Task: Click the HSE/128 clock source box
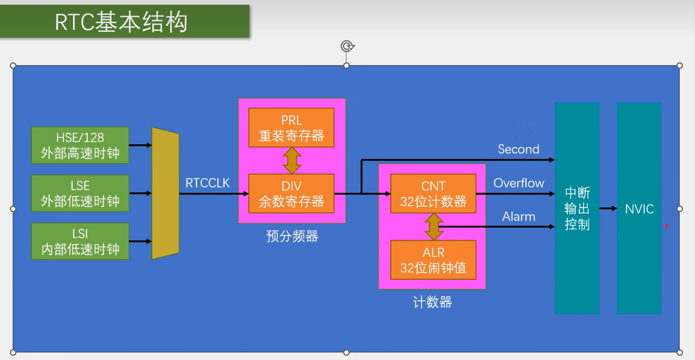80,145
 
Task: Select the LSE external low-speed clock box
80,193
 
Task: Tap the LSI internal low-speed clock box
80,241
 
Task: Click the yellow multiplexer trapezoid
165,193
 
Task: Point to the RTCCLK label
208,183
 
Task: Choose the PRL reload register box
291,128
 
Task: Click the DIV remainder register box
291,193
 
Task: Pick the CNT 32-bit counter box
433,193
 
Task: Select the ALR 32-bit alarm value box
433,260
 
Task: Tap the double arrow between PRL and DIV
292,161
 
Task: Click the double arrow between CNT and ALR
434,227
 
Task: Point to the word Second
519,149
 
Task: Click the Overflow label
519,183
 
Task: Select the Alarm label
519,217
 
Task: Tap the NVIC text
639,209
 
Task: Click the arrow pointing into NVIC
608,208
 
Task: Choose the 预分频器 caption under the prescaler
292,236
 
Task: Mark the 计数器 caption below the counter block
432,302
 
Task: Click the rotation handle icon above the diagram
347,46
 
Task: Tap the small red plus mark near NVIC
666,226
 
